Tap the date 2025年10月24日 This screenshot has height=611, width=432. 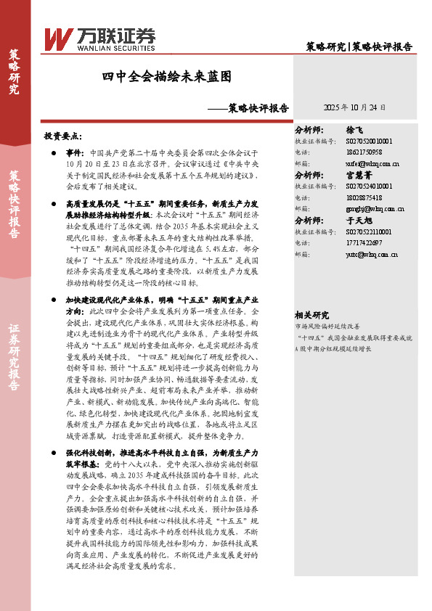[354, 106]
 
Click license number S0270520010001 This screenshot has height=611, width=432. [370, 142]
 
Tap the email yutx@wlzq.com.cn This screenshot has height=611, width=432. [372, 254]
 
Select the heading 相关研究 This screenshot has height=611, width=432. [311, 314]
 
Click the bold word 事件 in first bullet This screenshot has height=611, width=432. [75, 155]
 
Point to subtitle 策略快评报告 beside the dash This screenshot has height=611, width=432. [258, 108]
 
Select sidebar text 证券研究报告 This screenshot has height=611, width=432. [14, 353]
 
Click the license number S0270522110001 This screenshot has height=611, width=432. [370, 232]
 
